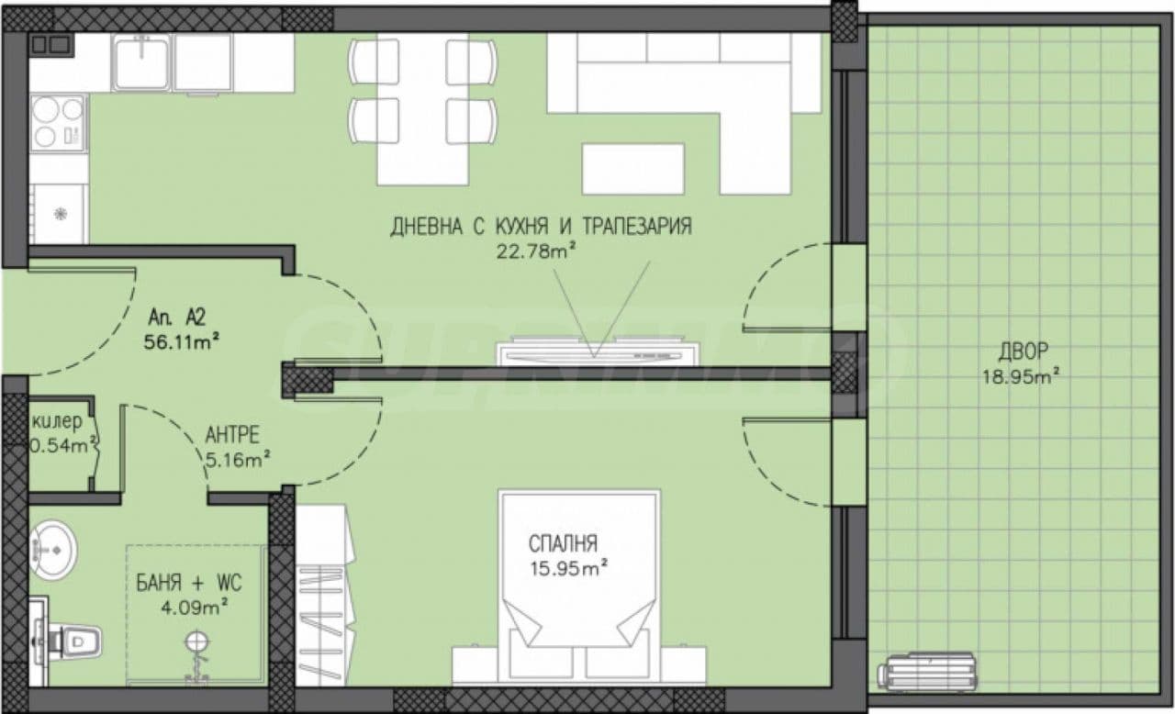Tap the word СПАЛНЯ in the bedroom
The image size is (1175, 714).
[x=563, y=543]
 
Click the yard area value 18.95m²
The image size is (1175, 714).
[x=1020, y=376]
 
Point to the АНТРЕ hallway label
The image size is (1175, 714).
[x=232, y=435]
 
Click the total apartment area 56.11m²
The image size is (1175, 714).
[x=182, y=342]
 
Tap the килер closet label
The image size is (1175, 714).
[x=57, y=421]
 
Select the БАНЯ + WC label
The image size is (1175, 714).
[x=189, y=583]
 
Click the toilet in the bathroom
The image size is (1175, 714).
[x=67, y=641]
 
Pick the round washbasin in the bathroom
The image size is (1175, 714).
[x=53, y=550]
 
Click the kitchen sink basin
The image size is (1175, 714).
[x=142, y=62]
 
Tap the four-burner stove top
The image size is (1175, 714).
[x=58, y=123]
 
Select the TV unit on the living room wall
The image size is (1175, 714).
[x=598, y=353]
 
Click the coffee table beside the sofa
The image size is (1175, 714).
[x=633, y=169]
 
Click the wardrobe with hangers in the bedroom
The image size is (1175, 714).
[x=324, y=595]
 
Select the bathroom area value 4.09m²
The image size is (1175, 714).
[x=194, y=608]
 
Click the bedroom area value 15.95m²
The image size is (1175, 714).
[x=569, y=568]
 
